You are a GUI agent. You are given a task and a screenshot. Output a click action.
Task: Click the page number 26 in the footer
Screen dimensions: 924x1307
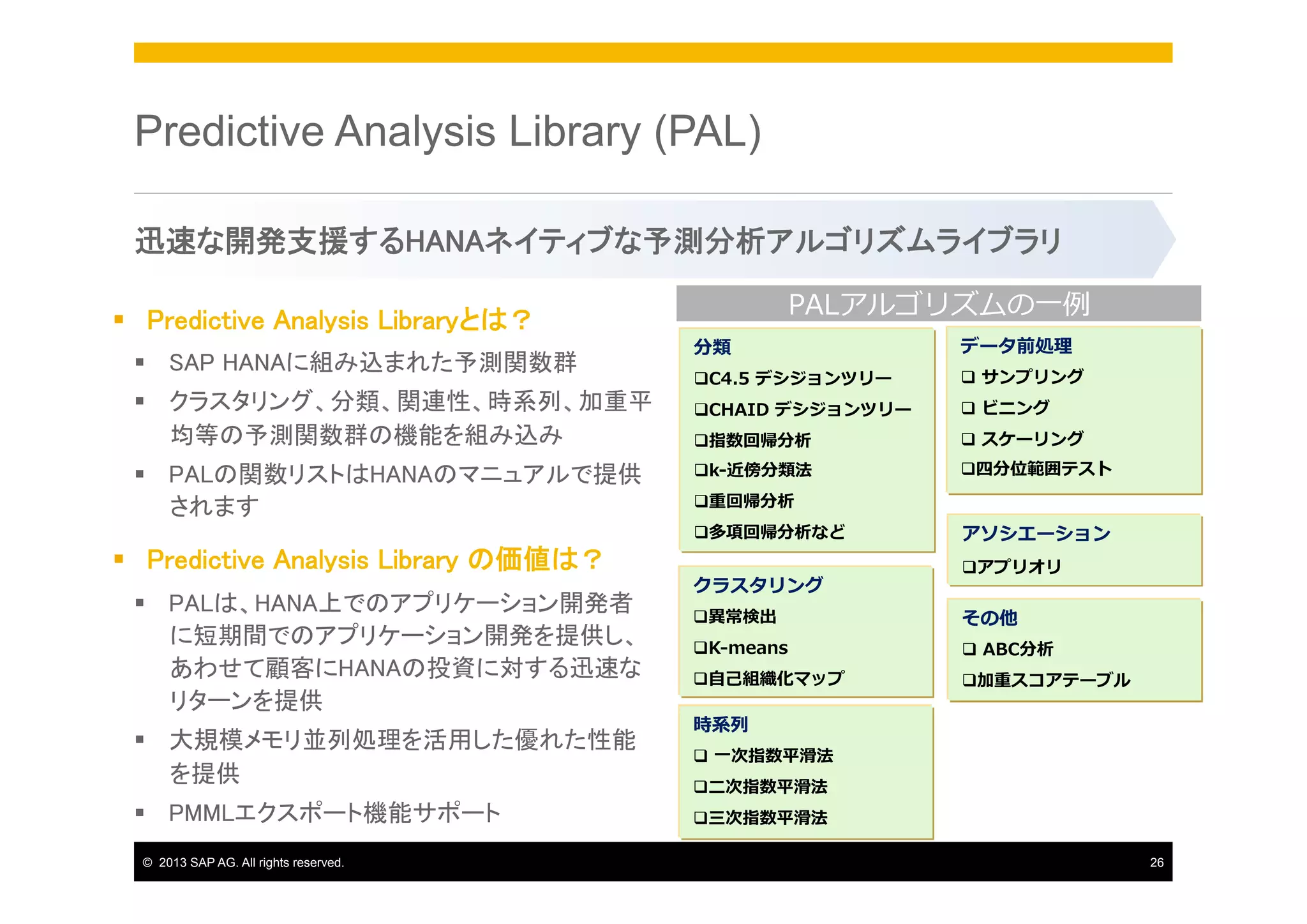(x=1156, y=863)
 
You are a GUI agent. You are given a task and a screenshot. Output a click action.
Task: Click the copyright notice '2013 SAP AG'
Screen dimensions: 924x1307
(x=250, y=863)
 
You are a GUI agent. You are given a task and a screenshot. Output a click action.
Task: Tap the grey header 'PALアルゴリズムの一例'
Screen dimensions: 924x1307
(x=938, y=304)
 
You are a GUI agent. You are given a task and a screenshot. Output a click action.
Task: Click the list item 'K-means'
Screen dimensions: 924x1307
(x=748, y=648)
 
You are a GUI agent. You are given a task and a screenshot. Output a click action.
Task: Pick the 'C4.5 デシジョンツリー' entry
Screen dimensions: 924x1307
(x=800, y=378)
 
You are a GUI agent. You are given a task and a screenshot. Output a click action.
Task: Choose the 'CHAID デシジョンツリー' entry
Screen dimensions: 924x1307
(x=809, y=409)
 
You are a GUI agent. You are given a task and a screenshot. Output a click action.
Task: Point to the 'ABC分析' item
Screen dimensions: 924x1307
(x=1017, y=649)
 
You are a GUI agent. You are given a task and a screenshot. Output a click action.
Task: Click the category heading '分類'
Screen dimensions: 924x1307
(x=712, y=347)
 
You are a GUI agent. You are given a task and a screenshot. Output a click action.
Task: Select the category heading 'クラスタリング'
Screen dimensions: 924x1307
(x=758, y=585)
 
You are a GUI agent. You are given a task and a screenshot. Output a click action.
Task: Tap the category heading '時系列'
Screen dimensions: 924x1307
(x=721, y=724)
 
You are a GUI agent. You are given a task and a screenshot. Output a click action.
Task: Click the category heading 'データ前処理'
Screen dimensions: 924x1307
(x=1016, y=345)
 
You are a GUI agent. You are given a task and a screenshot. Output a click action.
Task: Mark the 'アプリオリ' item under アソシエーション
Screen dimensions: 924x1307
(x=1019, y=566)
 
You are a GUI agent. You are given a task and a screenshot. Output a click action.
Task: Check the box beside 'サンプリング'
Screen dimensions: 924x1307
(x=968, y=377)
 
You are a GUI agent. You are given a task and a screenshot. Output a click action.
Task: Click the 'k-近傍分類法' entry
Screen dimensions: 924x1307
(x=759, y=470)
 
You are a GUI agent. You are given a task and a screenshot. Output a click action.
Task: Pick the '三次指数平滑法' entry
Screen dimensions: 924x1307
(x=767, y=817)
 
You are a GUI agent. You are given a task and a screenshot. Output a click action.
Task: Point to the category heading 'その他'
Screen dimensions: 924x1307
(x=989, y=617)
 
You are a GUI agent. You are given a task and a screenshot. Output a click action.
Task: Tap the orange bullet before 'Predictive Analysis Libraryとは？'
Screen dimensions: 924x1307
(x=119, y=319)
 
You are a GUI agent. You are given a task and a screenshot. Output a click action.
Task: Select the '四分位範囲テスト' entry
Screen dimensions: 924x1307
(x=1043, y=469)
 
